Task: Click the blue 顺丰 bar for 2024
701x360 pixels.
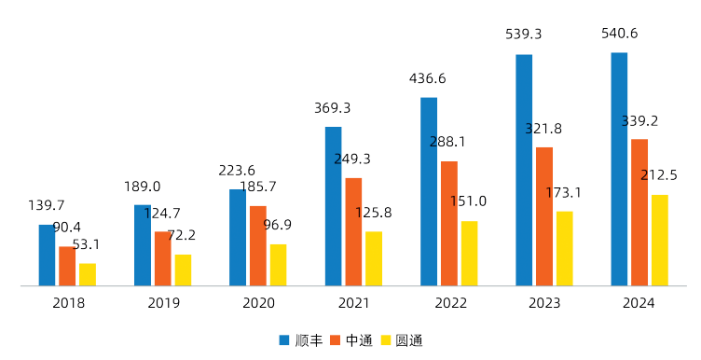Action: coord(619,169)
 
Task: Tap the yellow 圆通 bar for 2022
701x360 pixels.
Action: coord(469,253)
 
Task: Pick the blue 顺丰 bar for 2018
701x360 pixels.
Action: coord(47,255)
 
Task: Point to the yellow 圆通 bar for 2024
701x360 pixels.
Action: coord(660,240)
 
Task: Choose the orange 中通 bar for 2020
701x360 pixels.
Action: coord(258,245)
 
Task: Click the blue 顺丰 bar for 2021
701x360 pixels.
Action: coord(333,206)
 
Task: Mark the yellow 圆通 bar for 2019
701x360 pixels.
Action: coord(183,270)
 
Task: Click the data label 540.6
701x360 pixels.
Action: coord(620,34)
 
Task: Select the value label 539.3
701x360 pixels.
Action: coord(524,34)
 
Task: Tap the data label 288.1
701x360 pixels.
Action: coord(447,142)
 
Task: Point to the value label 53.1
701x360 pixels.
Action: coord(86,244)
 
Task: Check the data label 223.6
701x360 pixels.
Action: coord(237,171)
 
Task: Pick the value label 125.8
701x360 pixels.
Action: coord(373,213)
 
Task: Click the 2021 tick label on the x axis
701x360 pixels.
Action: coord(353,303)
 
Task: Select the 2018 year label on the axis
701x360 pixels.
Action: coord(68,303)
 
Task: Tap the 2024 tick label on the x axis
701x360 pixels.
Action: coord(639,303)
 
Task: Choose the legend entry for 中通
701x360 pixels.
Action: coord(350,340)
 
